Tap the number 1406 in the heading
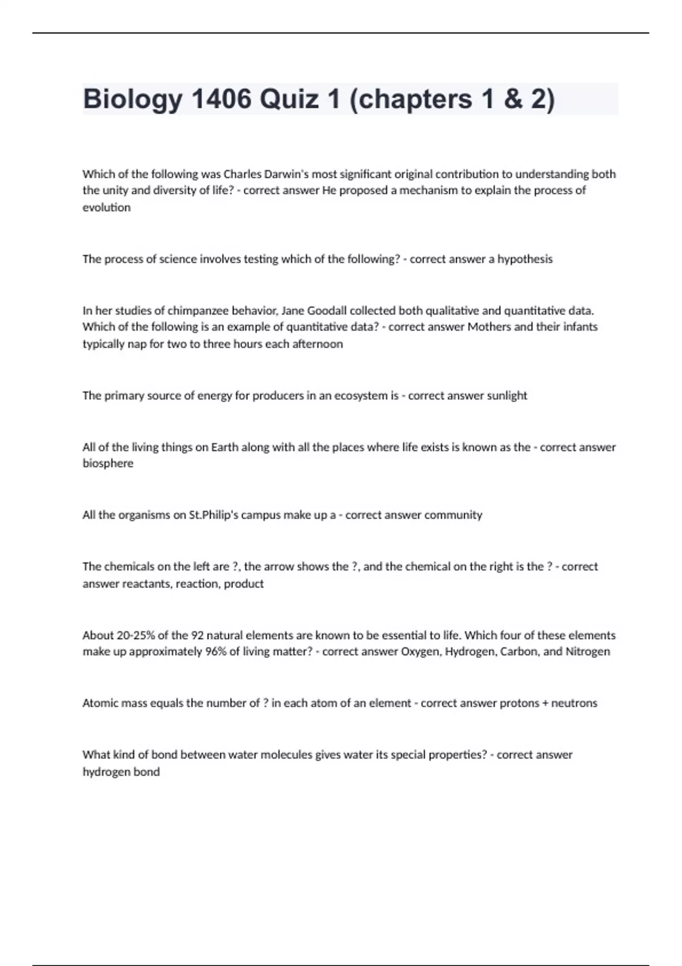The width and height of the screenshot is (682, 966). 222,99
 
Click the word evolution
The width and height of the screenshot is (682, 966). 106,207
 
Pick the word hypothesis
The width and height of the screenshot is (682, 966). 525,259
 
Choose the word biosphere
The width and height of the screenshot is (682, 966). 108,463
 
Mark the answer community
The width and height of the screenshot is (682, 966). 453,515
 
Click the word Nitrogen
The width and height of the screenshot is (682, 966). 587,651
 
